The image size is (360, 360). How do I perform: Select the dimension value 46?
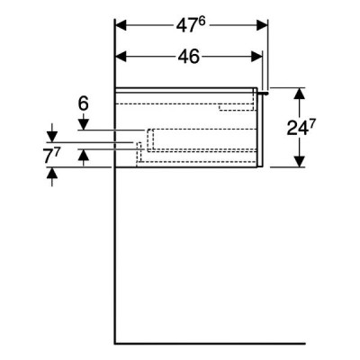188,57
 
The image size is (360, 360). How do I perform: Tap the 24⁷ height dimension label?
298,128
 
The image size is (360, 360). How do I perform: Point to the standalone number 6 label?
84,103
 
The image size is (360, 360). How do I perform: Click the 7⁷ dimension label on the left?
52,157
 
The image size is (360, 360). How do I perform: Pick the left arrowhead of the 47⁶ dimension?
121,25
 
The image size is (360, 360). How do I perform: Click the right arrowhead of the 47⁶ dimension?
262,25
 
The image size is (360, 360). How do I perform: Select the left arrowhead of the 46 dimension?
121,57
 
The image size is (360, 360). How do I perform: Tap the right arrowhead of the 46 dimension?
256,57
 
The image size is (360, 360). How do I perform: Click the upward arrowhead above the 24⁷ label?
300,94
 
